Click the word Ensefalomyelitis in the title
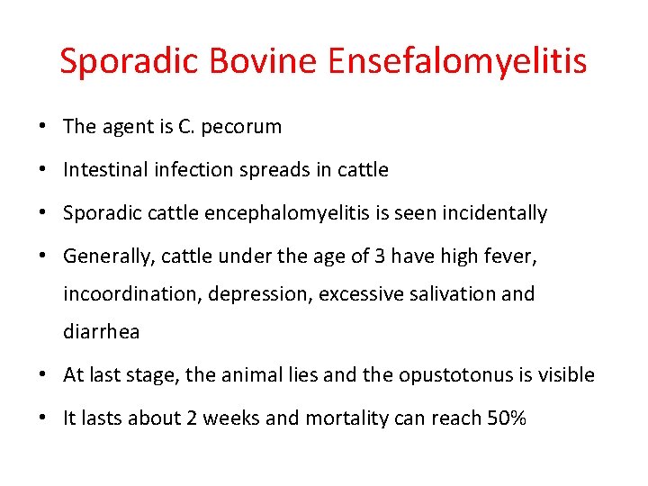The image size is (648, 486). [457, 61]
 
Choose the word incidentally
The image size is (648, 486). [494, 213]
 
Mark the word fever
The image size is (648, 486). [513, 256]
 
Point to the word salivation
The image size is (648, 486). [442, 293]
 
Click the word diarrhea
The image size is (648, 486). [101, 331]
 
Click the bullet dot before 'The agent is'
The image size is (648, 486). [44, 127]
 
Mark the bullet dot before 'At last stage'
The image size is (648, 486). [44, 374]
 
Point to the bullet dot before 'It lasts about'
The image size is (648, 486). [44, 418]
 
